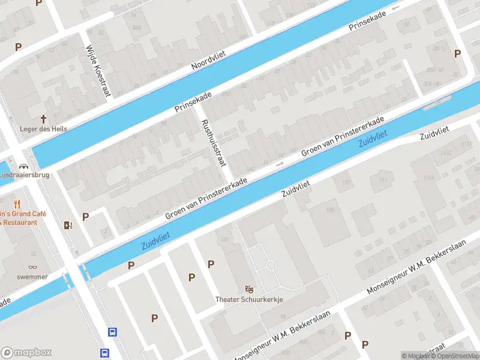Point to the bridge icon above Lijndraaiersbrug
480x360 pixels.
coord(23,166)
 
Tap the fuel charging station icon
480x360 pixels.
coord(67,226)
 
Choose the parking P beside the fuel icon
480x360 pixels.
coord(85,217)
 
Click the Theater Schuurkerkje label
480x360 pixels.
coord(249,299)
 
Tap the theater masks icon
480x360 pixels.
coord(249,289)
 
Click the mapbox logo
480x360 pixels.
coord(26,352)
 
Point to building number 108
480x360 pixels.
coord(329,209)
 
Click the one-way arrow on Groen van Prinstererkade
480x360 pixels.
coord(280,164)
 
